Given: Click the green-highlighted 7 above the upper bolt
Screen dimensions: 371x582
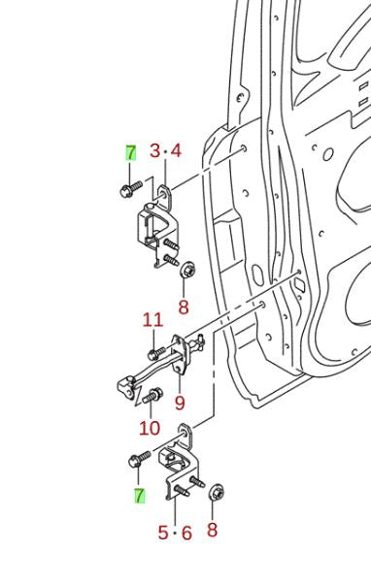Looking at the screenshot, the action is (131, 152).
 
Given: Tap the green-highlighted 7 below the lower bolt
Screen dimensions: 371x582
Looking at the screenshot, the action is (140, 496).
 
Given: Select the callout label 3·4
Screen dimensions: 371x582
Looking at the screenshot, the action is (165, 151).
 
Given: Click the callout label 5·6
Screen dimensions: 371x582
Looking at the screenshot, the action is (175, 533).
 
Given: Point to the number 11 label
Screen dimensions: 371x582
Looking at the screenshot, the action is (153, 320).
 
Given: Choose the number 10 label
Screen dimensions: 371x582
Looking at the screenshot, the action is (150, 428).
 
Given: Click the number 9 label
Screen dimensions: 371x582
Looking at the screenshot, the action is (180, 403).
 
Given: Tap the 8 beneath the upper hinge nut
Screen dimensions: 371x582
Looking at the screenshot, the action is (184, 307).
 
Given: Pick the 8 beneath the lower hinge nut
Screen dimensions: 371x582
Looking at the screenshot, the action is (212, 530).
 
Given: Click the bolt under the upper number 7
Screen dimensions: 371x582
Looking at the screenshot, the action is (131, 188).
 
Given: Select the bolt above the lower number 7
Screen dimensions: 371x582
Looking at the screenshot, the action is (139, 459).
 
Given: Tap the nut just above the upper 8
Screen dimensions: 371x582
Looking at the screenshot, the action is (187, 269).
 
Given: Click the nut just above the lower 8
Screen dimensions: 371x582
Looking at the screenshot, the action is (217, 492).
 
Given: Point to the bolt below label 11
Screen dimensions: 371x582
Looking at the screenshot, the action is (156, 353).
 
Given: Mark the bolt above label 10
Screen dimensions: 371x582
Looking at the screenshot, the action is (152, 396).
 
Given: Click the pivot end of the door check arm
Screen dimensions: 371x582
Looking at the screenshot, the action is (127, 387).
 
